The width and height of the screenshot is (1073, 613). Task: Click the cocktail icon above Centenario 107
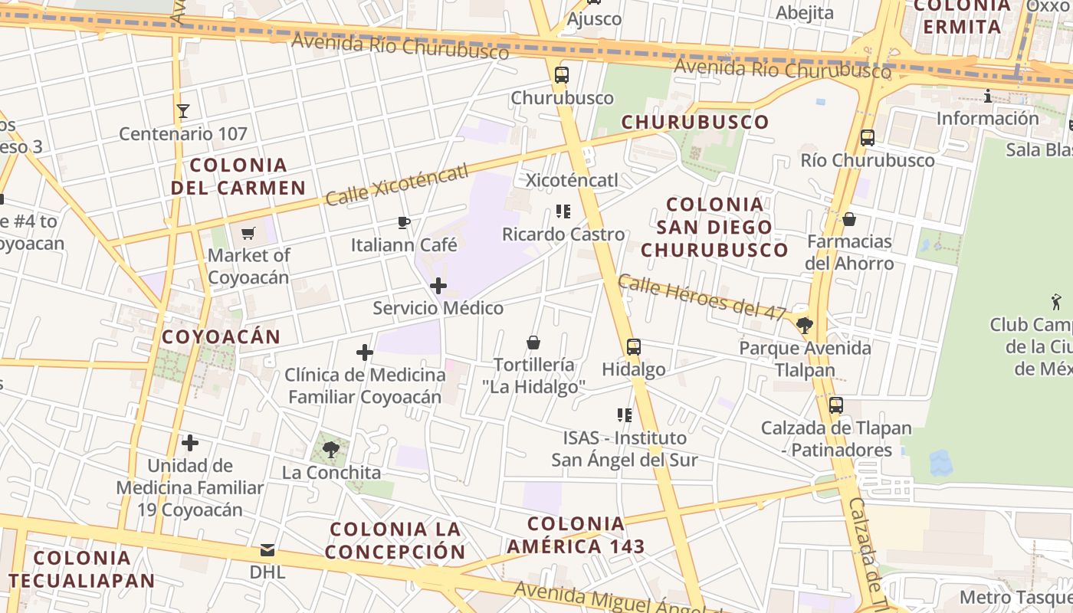(182, 111)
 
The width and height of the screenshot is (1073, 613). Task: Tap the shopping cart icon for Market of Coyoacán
(248, 233)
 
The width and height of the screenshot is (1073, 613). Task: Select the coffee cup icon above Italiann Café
(404, 223)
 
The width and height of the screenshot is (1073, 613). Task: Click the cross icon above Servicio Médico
(438, 286)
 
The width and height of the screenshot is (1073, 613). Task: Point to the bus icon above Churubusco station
(562, 75)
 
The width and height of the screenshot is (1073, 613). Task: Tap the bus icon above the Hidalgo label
(633, 347)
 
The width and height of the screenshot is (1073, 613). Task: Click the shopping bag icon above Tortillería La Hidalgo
(533, 343)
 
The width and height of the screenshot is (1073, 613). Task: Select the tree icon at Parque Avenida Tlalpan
(804, 326)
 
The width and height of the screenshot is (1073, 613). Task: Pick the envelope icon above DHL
(267, 550)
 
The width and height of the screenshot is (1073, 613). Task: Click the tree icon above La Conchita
(331, 450)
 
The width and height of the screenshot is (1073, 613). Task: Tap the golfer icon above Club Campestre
(1057, 302)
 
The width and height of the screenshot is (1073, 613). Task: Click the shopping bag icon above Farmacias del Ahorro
(849, 219)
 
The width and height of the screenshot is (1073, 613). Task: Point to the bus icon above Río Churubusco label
(868, 138)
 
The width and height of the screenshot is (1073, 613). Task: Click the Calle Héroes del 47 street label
(701, 297)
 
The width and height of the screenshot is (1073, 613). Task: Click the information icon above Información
(988, 96)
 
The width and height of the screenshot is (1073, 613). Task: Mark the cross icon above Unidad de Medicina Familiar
(190, 443)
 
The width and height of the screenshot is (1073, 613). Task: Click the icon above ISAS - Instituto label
(625, 415)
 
